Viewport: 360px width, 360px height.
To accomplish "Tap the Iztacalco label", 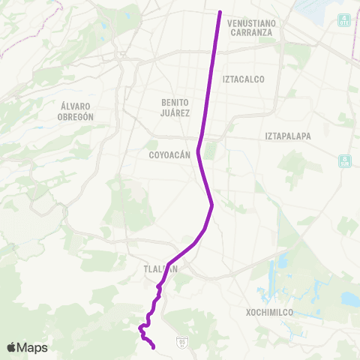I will (244, 78).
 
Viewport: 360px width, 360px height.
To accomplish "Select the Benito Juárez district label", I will (175, 107).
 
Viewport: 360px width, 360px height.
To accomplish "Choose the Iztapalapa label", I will (287, 136).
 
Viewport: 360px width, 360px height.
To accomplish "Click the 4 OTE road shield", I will (344, 22).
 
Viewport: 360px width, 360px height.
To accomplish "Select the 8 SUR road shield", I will (345, 160).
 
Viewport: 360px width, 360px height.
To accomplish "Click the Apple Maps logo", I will (27, 347).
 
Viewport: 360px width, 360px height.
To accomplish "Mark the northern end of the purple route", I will (220, 12).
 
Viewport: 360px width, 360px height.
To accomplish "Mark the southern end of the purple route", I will (153, 347).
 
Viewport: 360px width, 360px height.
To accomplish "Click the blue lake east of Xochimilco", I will (349, 298).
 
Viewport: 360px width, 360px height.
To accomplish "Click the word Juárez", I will (175, 112).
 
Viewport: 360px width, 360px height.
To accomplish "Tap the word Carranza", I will (251, 33).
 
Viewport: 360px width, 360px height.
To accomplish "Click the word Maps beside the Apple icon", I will (33, 348).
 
